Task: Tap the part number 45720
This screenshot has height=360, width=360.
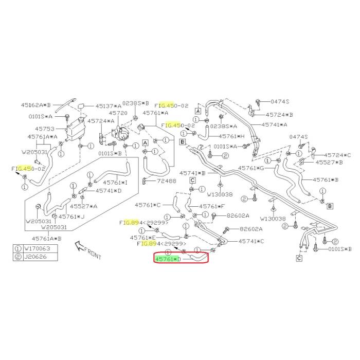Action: [x=117, y=112]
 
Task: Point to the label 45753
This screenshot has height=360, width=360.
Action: [x=38, y=129]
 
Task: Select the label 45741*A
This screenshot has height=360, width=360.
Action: [x=275, y=124]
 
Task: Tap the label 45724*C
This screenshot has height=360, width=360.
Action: [x=337, y=155]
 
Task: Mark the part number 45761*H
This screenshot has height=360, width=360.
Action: [x=231, y=137]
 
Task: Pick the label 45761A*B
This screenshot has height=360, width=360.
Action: [x=46, y=238]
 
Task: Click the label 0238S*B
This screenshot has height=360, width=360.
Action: [x=136, y=103]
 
